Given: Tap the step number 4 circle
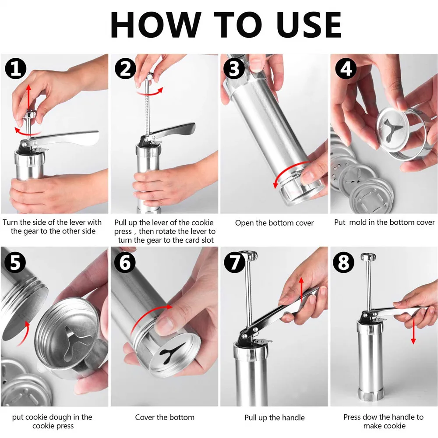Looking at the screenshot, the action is click(x=346, y=69).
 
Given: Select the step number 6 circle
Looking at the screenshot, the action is click(x=125, y=262).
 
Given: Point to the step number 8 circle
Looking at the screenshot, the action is click(x=343, y=262).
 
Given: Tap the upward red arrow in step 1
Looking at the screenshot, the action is click(x=28, y=98).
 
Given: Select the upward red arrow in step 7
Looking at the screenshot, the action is click(x=301, y=290).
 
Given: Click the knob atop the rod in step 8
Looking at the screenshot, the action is click(x=368, y=257).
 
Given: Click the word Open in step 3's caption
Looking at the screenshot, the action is click(x=245, y=223).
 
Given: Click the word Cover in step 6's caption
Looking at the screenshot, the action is click(x=145, y=417).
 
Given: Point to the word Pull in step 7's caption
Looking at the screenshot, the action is click(x=250, y=417).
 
